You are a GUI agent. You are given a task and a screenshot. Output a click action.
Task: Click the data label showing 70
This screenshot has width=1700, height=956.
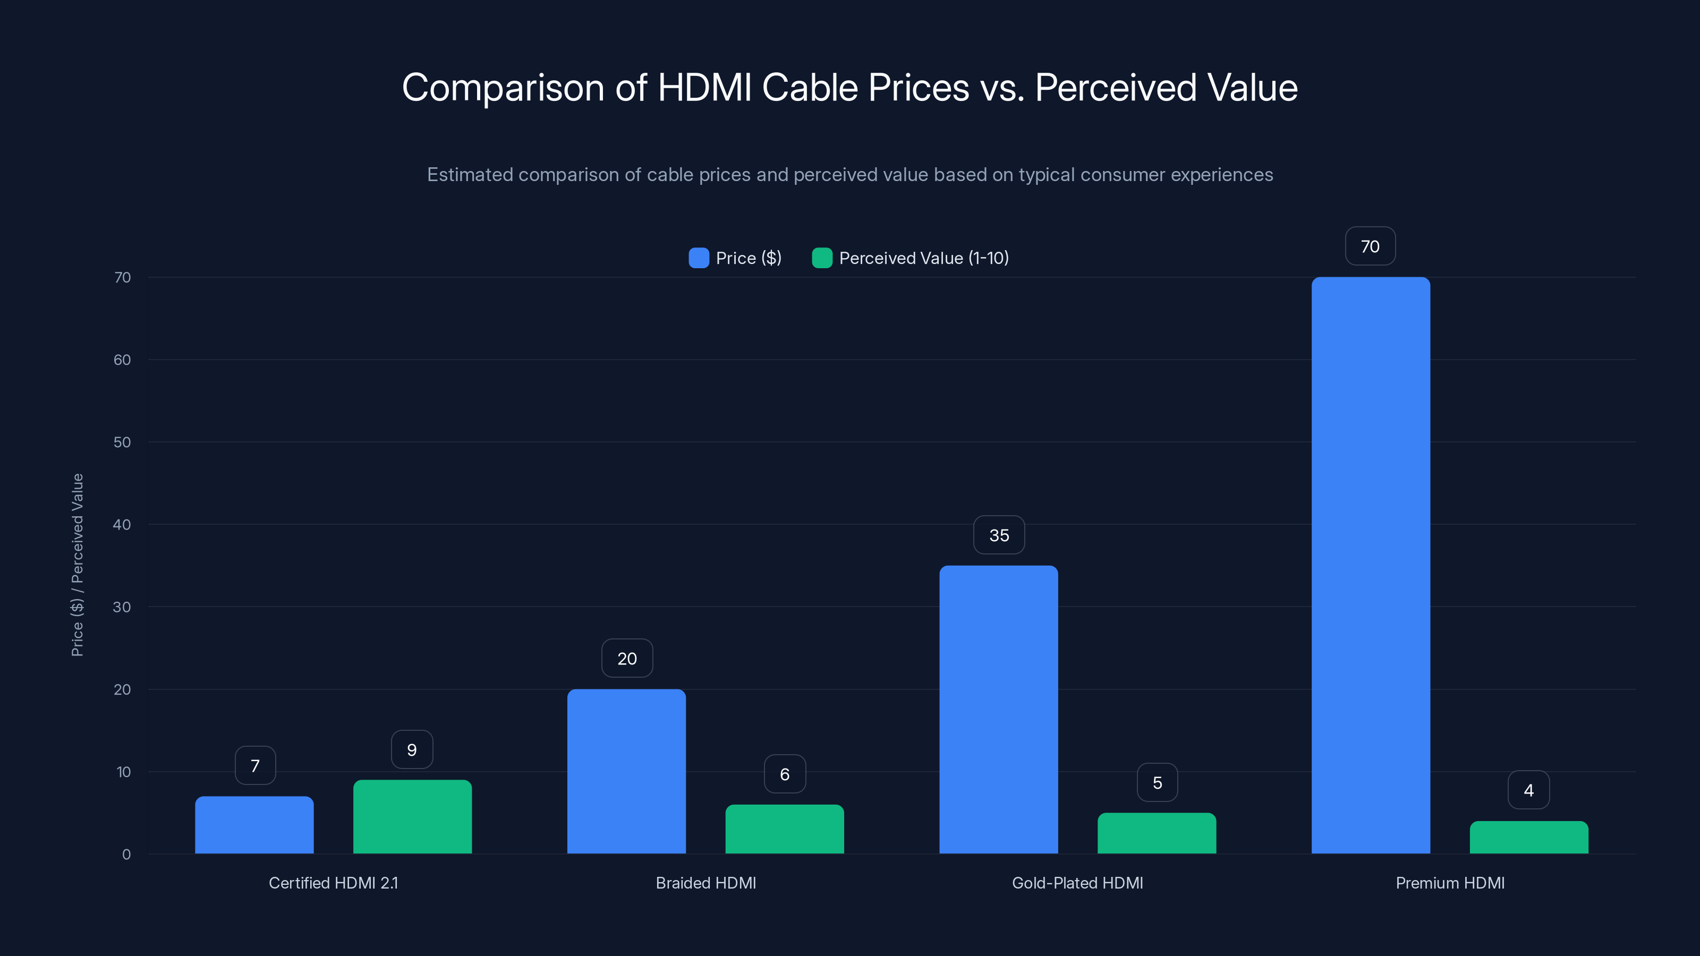pyautogui.click(x=1370, y=246)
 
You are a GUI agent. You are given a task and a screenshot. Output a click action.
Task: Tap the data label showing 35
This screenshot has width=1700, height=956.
pyautogui.click(x=999, y=535)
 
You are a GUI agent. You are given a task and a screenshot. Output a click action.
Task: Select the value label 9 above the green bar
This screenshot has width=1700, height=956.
pyautogui.click(x=412, y=749)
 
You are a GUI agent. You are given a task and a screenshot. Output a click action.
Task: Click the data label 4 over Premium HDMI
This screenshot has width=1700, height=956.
pyautogui.click(x=1528, y=790)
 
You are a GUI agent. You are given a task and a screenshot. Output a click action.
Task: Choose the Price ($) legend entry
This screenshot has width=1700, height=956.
pyautogui.click(x=735, y=258)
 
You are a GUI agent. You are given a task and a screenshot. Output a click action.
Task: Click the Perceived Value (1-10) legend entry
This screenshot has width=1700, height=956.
pyautogui.click(x=911, y=258)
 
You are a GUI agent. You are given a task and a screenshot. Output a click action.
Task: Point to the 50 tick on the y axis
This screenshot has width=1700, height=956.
pyautogui.click(x=122, y=442)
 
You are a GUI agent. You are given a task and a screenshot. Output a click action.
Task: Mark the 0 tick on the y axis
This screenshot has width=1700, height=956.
pyautogui.click(x=126, y=855)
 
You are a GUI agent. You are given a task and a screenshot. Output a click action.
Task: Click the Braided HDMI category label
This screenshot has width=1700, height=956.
pyautogui.click(x=705, y=883)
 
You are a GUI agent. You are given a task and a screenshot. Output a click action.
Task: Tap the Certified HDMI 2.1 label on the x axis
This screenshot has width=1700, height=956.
pyautogui.click(x=333, y=883)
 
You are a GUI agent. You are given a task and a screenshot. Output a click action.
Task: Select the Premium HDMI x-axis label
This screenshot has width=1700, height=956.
pyautogui.click(x=1450, y=883)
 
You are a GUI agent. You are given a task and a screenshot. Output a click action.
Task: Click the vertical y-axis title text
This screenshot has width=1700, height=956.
pyautogui.click(x=77, y=565)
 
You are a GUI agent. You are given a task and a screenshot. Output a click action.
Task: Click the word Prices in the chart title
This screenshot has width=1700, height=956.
pyautogui.click(x=918, y=88)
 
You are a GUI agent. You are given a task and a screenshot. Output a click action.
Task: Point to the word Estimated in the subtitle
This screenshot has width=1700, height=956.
pyautogui.click(x=469, y=175)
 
